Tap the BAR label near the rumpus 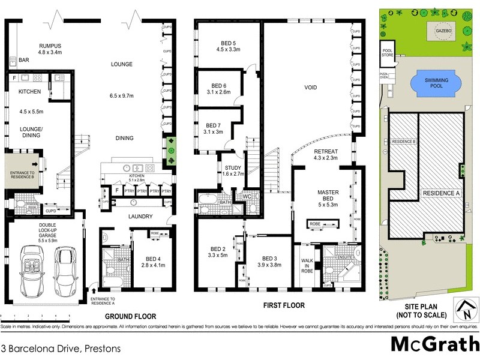tap(24, 61)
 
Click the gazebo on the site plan tap(444, 29)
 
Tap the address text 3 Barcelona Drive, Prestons tap(61, 348)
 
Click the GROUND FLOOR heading tap(131, 316)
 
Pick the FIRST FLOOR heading tap(284, 305)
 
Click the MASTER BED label tap(328, 196)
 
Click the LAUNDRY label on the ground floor tap(139, 217)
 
